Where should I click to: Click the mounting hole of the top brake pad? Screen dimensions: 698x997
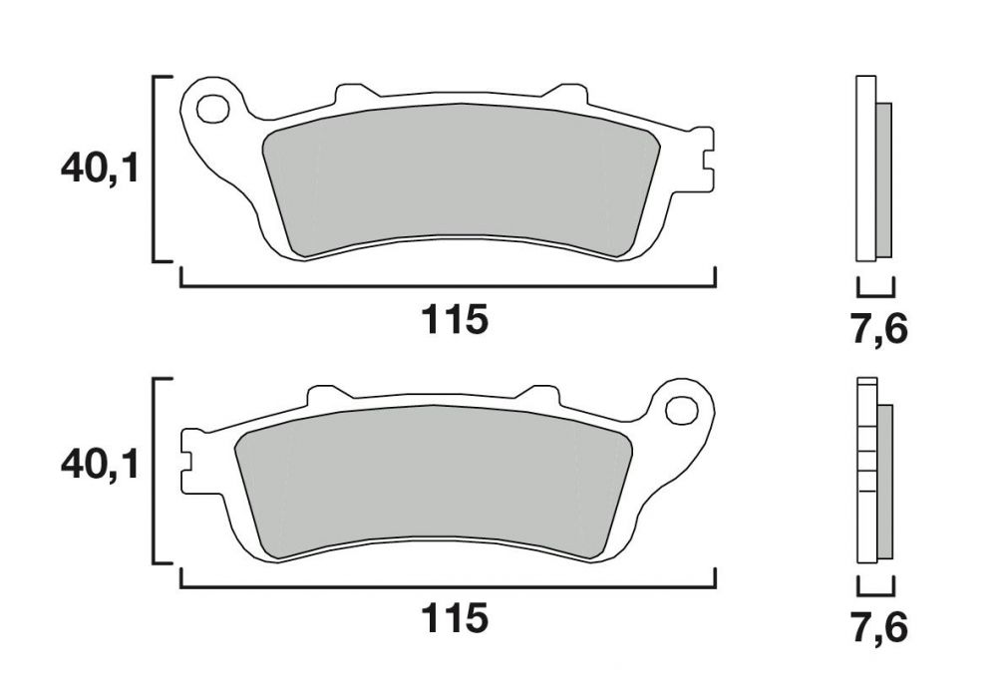[x=211, y=107]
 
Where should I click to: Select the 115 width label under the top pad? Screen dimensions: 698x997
[x=455, y=321]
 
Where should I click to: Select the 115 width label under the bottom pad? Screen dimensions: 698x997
[x=455, y=618]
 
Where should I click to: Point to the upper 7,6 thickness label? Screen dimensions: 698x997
[x=878, y=329]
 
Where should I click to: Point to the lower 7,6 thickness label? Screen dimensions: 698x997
[x=878, y=627]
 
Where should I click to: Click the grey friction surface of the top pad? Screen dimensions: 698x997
[x=459, y=179]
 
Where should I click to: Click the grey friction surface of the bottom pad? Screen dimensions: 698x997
[x=434, y=479]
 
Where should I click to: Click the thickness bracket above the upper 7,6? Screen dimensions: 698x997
[x=875, y=292]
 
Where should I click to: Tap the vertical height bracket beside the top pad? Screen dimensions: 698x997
[x=155, y=169]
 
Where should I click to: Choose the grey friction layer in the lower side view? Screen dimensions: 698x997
[x=885, y=479]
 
